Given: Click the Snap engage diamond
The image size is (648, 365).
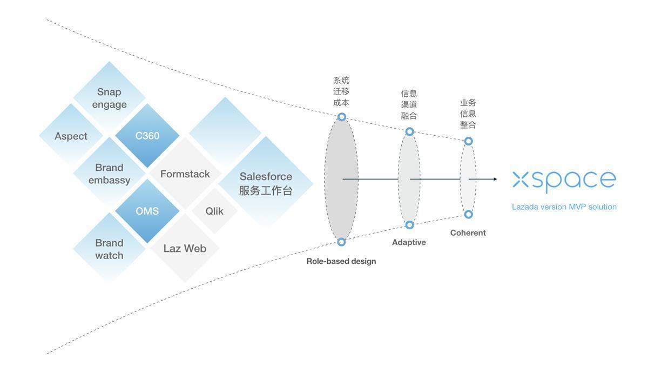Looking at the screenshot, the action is click(109, 98).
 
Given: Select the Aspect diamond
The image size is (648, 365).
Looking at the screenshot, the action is click(71, 136).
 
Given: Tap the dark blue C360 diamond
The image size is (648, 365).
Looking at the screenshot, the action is click(147, 136).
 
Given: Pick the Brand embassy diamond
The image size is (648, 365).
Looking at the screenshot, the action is click(109, 174).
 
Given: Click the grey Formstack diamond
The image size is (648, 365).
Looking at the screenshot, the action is click(185, 174).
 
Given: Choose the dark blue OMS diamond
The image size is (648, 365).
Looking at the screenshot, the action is click(147, 211).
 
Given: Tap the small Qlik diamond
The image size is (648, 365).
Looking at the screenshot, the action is click(214, 211).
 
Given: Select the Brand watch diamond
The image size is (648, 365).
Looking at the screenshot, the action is click(109, 249).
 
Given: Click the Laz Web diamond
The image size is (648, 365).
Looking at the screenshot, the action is click(185, 248).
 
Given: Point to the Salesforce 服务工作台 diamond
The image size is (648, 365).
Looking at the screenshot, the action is click(266, 183).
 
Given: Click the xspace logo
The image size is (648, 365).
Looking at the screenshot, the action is click(564, 181).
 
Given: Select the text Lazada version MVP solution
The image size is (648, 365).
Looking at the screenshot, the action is click(564, 207).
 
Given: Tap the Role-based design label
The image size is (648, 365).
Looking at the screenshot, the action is click(341, 261).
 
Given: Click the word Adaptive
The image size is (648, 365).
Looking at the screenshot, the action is click(409, 242).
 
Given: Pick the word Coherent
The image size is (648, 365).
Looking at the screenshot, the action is click(468, 233).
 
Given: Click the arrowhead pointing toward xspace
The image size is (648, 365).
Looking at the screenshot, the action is click(495, 179).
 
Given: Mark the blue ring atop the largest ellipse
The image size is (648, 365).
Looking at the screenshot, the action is click(342, 117).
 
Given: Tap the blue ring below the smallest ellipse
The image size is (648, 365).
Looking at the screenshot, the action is click(468, 214).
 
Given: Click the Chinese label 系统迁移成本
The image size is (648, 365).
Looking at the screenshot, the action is click(341, 91).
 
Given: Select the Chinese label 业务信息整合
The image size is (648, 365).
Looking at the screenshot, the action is click(468, 114).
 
